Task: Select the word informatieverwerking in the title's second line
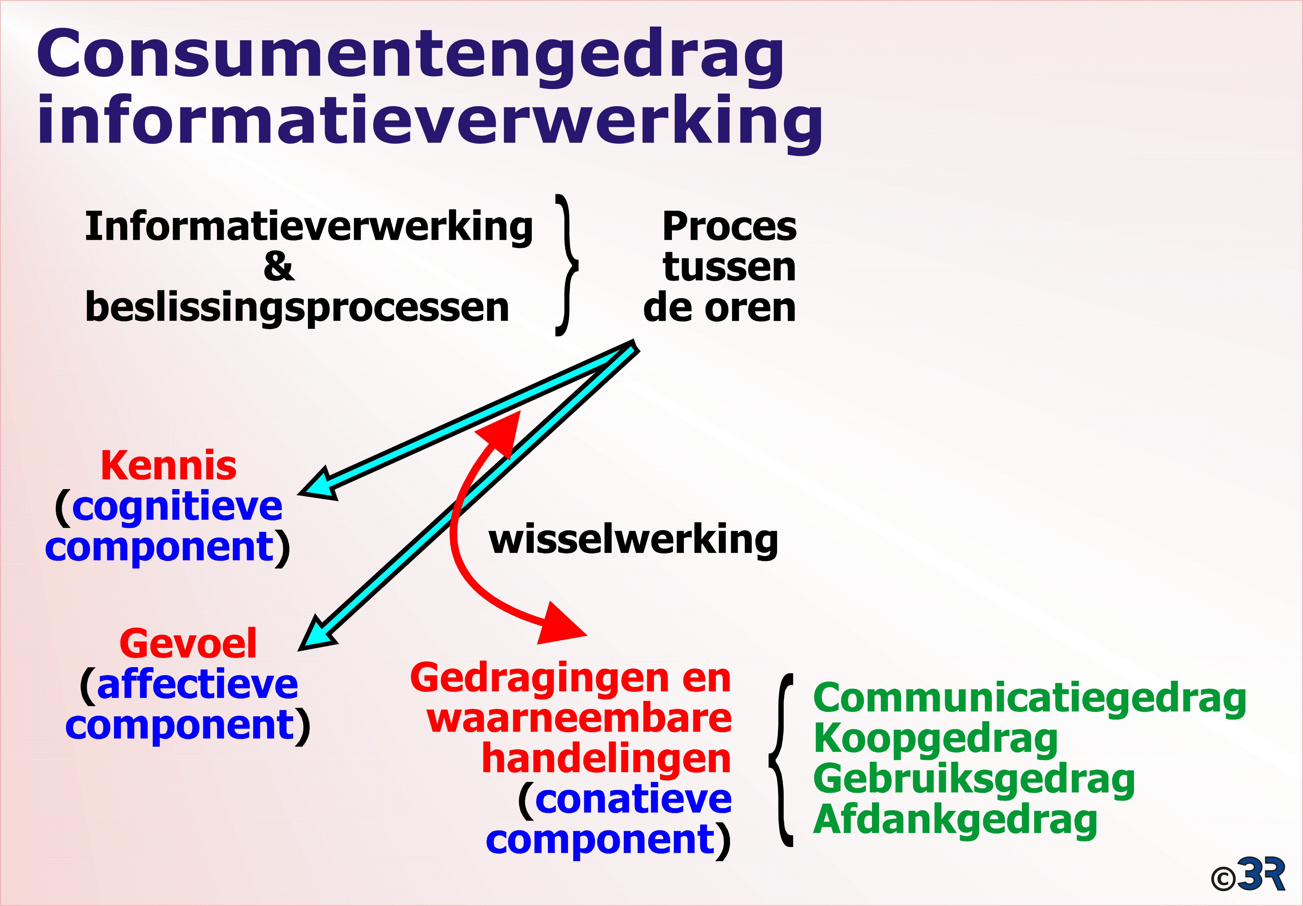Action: coord(430,122)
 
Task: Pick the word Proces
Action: coord(729,227)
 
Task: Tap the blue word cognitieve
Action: coord(177,507)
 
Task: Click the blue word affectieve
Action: coord(198,684)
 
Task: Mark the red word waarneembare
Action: coord(579,719)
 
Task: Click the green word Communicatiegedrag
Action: coord(1030,699)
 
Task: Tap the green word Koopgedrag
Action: coord(936,740)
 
